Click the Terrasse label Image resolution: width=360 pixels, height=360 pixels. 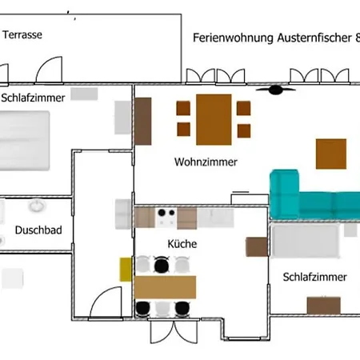[x=22, y=34]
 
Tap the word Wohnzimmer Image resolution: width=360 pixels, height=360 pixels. [x=206, y=162]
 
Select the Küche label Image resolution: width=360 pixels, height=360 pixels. [x=182, y=244]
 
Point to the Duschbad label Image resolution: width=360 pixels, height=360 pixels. [x=38, y=230]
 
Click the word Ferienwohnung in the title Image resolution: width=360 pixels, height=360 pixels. [x=233, y=38]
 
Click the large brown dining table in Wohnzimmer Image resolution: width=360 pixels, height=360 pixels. [x=214, y=120]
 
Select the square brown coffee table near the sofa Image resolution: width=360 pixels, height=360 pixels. [x=331, y=154]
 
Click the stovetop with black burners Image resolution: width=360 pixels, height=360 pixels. [x=166, y=218]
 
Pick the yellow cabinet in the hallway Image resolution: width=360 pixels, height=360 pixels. [x=126, y=270]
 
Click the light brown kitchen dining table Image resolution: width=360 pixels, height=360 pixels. [x=165, y=287]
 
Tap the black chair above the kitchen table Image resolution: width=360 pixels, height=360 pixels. [x=162, y=265]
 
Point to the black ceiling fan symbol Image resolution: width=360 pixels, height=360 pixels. [x=275, y=90]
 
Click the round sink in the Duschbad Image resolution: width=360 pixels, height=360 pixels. [x=37, y=206]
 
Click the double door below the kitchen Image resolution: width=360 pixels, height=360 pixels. [x=174, y=331]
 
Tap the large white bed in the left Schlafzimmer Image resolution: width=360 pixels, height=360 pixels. [x=24, y=141]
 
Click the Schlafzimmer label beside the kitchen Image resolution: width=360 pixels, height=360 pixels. [x=314, y=277]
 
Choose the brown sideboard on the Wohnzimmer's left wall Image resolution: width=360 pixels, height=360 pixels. [x=143, y=122]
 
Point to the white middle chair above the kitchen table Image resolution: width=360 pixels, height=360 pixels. [x=182, y=265]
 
